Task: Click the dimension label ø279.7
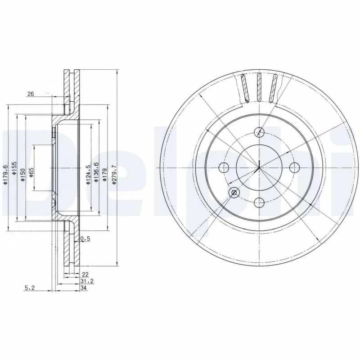coord(114,173)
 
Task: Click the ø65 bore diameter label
coord(31,171)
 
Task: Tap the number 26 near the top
coord(31,94)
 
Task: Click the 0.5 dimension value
coord(85,239)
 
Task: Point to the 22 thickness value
coord(85,274)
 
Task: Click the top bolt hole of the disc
coord(259,132)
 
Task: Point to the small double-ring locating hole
coord(234,193)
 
